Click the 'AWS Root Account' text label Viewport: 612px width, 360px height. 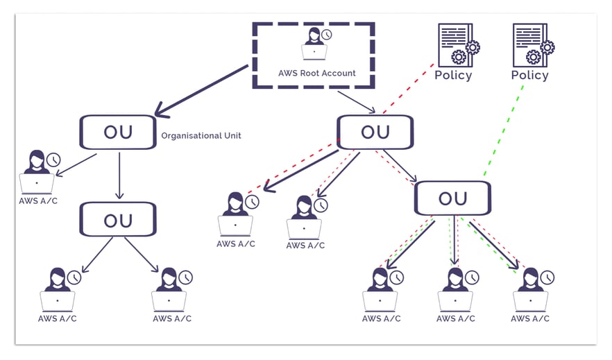(316, 73)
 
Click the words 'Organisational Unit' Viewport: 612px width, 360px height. (201, 136)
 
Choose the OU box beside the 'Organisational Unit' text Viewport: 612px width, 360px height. (118, 132)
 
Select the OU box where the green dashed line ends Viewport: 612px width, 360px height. (452, 198)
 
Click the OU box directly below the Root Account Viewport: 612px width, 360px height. (375, 132)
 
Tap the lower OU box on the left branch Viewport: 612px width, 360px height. (118, 220)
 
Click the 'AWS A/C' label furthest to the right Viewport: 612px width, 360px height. (530, 318)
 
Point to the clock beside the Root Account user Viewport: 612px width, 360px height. (326, 35)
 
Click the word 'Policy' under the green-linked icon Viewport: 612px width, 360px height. (529, 75)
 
